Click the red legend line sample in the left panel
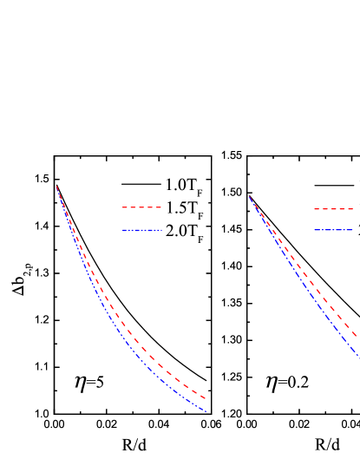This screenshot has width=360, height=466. [141, 207]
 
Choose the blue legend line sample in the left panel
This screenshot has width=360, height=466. [142, 231]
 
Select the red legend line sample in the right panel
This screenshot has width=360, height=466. [333, 209]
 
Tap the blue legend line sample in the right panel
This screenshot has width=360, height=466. [333, 230]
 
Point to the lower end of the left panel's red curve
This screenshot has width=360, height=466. [206, 399]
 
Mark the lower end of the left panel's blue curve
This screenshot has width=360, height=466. [206, 411]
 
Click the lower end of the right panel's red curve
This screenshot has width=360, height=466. [357, 337]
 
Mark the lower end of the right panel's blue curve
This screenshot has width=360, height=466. [358, 354]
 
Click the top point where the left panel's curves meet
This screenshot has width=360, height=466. [57, 187]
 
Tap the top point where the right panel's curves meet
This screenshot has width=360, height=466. [250, 197]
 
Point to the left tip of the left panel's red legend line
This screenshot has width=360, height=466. [122, 207]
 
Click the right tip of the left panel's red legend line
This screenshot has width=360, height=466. [161, 207]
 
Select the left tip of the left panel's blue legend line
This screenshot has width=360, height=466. [122, 231]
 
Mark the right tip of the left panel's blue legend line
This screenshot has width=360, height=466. [162, 231]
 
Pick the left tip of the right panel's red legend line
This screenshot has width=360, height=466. [314, 209]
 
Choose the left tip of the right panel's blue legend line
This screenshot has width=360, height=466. [314, 230]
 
